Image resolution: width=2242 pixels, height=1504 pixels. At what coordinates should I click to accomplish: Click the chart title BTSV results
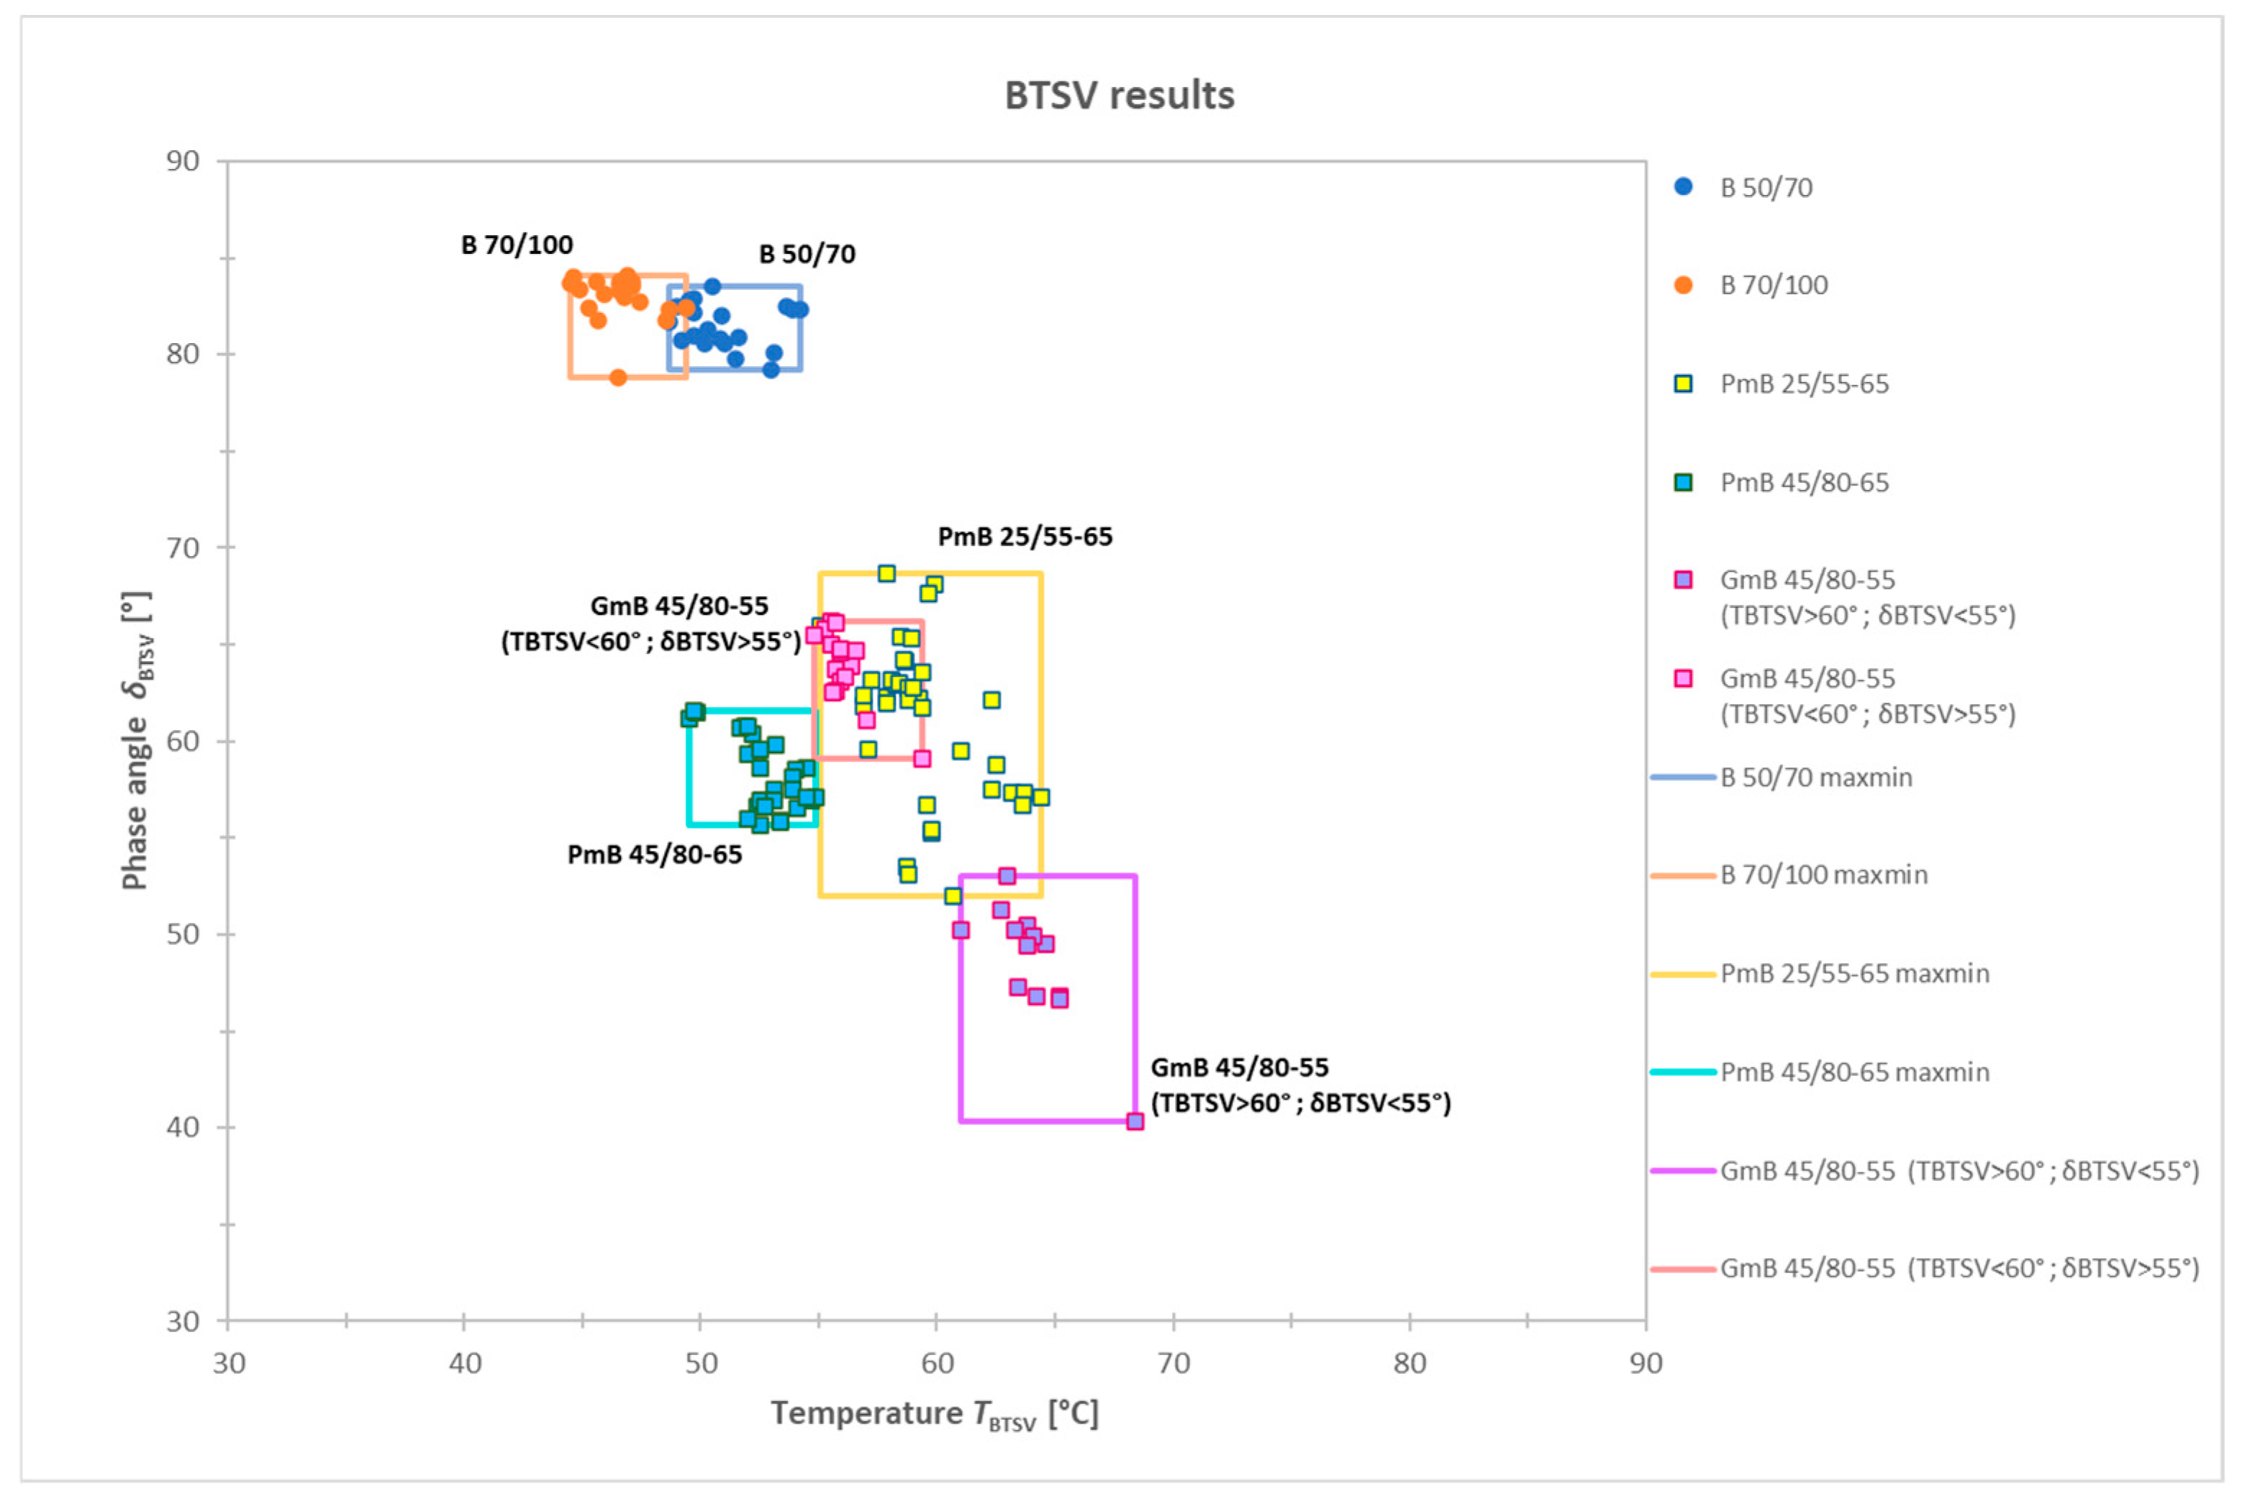1119,96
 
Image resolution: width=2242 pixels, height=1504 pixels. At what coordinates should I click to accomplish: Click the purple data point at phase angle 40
1135,1121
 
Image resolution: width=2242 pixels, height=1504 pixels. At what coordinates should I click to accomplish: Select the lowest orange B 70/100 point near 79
618,378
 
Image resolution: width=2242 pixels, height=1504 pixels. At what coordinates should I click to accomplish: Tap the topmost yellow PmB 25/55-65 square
886,573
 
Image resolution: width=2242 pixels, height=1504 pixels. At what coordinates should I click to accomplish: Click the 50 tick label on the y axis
182,934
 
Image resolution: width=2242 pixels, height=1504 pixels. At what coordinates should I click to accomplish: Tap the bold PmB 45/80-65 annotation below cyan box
654,854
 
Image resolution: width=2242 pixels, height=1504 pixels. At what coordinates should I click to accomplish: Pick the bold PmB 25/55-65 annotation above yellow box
1025,537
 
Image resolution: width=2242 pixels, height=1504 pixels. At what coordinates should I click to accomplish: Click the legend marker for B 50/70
1683,187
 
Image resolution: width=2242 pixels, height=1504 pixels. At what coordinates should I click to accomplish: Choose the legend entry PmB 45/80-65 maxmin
1853,1072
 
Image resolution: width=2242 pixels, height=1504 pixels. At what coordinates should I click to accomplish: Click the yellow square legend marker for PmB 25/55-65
1683,383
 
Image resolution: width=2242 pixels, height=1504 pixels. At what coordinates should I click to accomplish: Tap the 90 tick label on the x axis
1646,1363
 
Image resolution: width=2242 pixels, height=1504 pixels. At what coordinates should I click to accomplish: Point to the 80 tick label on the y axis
182,354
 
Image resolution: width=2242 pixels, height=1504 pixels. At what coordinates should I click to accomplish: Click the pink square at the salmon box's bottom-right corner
922,759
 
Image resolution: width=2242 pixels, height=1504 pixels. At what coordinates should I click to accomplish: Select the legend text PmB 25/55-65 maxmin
1853,974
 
